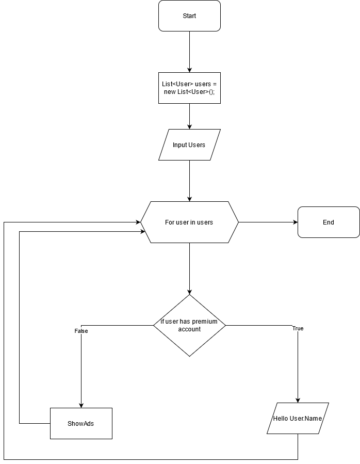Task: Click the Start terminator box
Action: [189, 16]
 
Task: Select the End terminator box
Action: [329, 222]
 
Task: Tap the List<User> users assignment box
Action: [189, 88]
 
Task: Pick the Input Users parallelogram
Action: [189, 145]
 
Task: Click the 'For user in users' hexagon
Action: [189, 222]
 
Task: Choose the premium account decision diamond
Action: [189, 326]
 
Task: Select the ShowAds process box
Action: [81, 424]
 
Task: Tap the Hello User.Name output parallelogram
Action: [298, 419]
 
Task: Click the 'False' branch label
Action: [81, 331]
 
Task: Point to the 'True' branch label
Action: [298, 329]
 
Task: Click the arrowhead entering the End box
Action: [295, 222]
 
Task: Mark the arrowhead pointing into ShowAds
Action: [81, 405]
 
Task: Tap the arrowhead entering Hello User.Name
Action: [298, 400]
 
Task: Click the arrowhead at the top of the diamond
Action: [189, 292]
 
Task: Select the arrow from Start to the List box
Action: [189, 52]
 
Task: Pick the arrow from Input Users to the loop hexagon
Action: [189, 181]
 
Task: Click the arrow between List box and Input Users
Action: [189, 116]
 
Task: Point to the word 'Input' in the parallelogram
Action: [179, 145]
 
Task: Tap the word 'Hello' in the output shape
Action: [281, 419]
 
